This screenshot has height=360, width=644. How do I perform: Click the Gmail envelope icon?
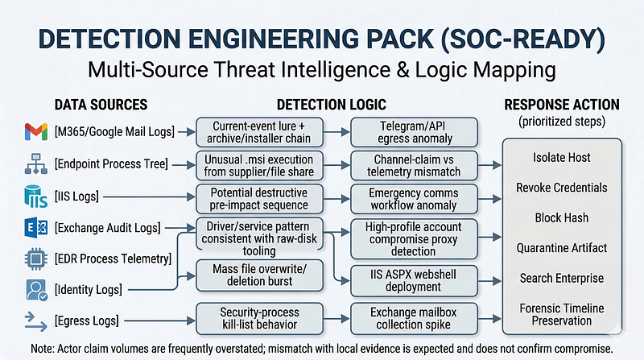point(35,131)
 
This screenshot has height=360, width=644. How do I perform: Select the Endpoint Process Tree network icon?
point(36,164)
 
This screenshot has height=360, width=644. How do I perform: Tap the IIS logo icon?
point(35,196)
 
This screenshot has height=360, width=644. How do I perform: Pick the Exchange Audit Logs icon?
point(35,228)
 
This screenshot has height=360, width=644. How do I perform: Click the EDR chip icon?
point(35,259)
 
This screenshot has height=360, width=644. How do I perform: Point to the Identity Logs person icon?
point(36,290)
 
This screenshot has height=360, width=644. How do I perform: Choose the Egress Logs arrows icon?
point(35,321)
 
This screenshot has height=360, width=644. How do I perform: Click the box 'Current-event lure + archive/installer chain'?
point(259,132)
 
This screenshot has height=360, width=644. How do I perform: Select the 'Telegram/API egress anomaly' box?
point(414,132)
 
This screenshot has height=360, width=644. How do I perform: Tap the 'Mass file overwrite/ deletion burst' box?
point(259,275)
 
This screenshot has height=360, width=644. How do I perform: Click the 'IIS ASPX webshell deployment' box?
point(414,281)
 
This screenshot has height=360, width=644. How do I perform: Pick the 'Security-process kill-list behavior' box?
point(259,318)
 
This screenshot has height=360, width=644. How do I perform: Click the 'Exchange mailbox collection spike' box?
point(414,318)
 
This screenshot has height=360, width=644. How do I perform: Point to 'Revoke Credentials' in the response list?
point(561,188)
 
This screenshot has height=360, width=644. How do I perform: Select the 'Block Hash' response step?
point(561,217)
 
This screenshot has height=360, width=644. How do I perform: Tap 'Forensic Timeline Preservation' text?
point(561,314)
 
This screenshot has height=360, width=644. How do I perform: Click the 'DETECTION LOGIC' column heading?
point(332,105)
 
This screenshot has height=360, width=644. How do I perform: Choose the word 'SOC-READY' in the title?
point(518,39)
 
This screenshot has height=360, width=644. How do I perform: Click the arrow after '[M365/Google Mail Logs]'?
point(187,132)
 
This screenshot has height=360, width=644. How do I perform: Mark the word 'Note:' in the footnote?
point(43,349)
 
